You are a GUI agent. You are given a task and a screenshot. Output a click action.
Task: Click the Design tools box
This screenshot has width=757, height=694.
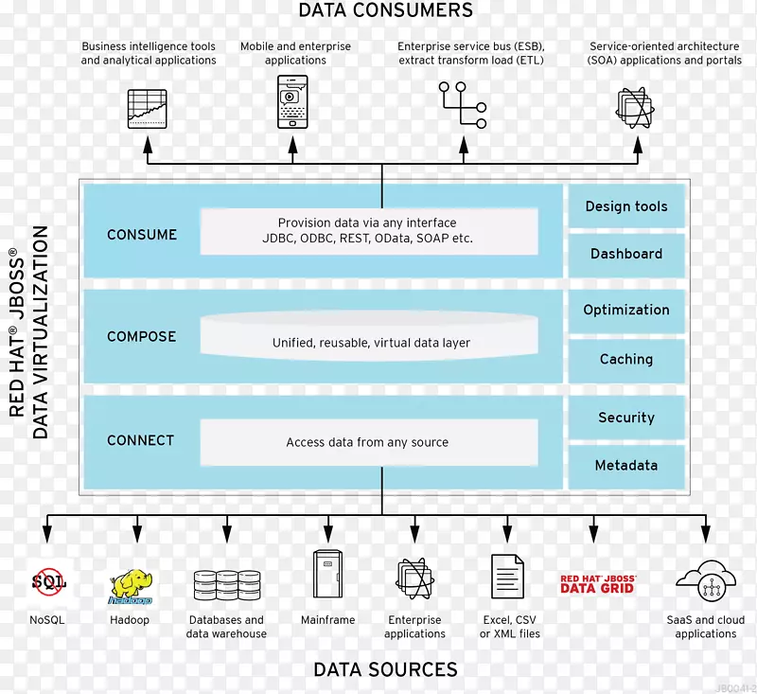[625, 206]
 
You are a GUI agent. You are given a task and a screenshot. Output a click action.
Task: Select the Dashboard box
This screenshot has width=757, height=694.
[625, 254]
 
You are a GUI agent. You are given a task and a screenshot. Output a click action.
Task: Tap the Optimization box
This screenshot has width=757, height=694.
[625, 310]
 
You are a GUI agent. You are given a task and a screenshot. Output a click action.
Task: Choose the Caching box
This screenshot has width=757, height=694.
[625, 359]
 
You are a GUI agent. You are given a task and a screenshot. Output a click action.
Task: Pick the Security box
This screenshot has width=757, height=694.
[625, 418]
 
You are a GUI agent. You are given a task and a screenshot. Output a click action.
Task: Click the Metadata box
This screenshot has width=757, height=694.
[625, 465]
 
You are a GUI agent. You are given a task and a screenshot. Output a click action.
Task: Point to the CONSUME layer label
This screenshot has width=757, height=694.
[142, 234]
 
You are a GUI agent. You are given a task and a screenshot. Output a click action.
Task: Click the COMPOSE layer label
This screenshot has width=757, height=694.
[142, 336]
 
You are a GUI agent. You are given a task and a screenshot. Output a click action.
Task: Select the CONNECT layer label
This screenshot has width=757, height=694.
[141, 440]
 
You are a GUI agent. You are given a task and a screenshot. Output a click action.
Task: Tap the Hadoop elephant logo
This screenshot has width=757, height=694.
[130, 585]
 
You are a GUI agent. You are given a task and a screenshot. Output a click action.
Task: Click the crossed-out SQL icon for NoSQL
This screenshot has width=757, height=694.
[47, 580]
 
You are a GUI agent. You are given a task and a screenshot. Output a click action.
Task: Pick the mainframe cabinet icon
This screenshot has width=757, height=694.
[327, 574]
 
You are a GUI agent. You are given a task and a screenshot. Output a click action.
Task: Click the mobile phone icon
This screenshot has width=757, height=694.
[292, 101]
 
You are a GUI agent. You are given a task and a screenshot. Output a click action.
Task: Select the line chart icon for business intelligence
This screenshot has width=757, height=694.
[147, 108]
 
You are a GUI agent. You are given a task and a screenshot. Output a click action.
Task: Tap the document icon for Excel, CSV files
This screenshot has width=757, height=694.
[507, 577]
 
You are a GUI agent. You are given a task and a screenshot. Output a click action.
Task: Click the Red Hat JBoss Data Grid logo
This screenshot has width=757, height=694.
[597, 583]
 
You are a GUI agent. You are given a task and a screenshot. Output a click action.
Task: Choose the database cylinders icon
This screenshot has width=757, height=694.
[226, 587]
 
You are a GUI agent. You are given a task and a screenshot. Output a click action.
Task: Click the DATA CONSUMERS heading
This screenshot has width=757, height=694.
[385, 11]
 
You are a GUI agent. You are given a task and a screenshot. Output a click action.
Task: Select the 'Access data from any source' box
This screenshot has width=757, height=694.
[367, 442]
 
